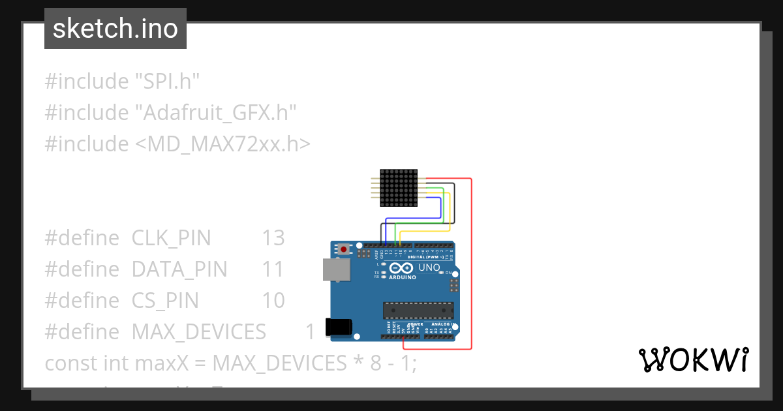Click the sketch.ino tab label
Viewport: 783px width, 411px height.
[x=115, y=29]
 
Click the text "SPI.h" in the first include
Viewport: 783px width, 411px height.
[x=167, y=82]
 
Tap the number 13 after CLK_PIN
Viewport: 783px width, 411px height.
[x=273, y=238]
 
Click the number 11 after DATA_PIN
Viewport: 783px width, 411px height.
[x=273, y=269]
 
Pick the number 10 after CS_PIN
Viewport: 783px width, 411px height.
[x=273, y=300]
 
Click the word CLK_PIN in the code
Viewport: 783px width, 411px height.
[x=171, y=238]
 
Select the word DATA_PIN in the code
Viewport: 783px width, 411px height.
[x=179, y=269]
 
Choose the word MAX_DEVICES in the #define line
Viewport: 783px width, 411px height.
[x=198, y=331]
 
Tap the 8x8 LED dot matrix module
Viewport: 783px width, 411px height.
[x=398, y=188]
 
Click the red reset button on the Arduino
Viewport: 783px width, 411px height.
[x=344, y=249]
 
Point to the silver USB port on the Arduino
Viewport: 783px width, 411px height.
[x=336, y=269]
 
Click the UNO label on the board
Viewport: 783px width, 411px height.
[x=429, y=267]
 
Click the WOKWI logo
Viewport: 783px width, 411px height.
[x=693, y=359]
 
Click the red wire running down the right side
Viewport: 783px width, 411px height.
[x=470, y=261]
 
